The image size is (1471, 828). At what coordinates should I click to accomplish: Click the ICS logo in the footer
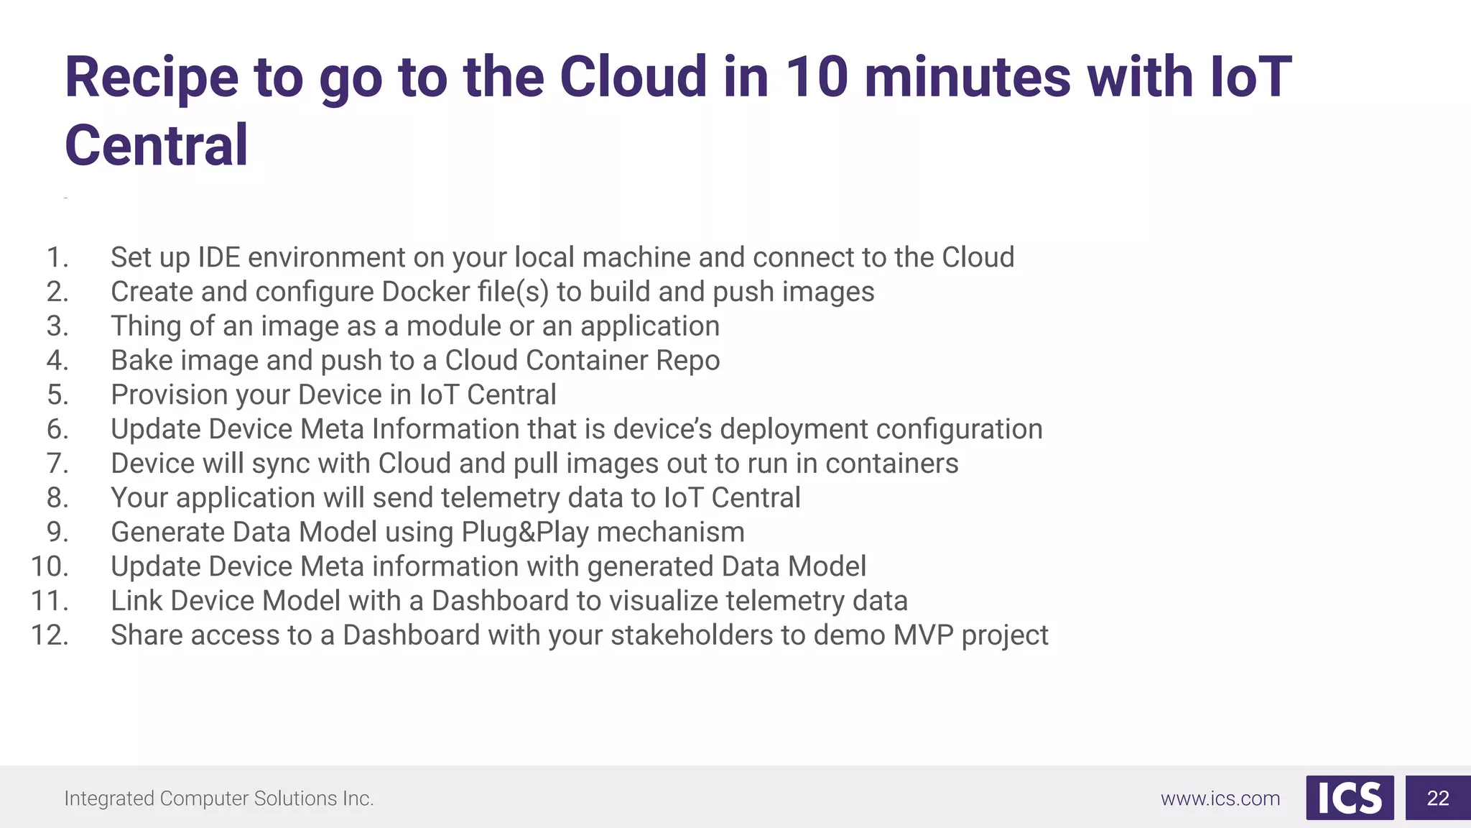pos(1350,798)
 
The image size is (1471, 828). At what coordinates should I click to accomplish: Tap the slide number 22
pos(1437,798)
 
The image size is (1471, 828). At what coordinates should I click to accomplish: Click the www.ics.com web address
pos(1220,799)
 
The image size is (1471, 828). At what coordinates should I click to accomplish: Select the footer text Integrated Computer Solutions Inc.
pos(219,799)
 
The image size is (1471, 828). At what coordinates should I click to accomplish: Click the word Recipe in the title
pos(152,78)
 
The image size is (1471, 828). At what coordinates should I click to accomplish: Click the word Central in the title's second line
pos(157,146)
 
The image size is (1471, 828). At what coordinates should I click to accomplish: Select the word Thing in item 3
pos(146,326)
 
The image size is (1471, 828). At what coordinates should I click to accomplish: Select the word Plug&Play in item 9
pos(524,533)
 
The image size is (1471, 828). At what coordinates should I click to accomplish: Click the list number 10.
pos(50,567)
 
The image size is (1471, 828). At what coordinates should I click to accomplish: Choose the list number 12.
pos(50,635)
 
